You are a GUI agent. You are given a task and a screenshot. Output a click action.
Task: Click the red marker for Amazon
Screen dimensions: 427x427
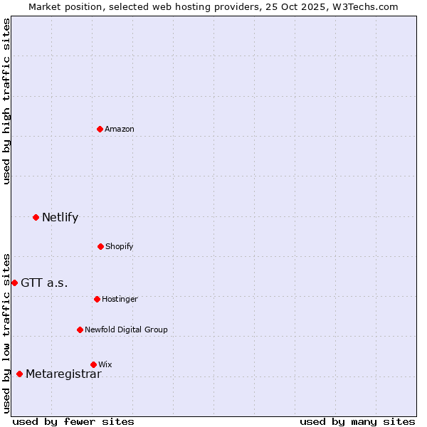click(100, 129)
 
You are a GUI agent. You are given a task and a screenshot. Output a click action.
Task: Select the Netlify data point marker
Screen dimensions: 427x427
click(36, 217)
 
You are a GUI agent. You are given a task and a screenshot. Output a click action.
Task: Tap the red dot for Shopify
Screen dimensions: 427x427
click(100, 246)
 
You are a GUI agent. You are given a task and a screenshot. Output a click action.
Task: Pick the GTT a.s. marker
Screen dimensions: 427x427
click(14, 283)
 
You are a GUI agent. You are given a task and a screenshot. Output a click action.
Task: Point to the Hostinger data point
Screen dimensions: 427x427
click(97, 299)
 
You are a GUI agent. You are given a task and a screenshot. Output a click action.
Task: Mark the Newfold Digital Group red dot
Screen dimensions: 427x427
click(80, 330)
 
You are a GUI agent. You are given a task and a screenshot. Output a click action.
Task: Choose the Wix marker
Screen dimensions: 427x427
click(93, 364)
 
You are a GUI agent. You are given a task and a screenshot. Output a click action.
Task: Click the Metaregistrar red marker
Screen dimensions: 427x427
click(19, 374)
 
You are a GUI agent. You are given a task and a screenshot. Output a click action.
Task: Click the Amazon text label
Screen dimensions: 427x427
click(120, 129)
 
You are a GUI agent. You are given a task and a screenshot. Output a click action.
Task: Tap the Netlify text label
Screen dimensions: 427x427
click(60, 218)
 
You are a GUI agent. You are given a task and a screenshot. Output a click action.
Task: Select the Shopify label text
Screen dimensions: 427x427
click(120, 246)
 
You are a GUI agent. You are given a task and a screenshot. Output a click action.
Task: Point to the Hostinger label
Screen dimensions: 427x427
click(120, 299)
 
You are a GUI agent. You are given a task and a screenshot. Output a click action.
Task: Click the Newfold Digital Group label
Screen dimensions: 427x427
click(126, 330)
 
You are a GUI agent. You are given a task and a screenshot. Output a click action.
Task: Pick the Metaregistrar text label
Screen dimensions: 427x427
click(63, 374)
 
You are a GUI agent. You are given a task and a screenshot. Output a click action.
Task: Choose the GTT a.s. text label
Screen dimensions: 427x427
click(44, 283)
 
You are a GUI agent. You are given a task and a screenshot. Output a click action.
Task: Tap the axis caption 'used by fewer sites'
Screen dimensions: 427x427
click(73, 421)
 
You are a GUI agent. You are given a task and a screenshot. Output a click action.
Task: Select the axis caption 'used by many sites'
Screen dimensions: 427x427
click(357, 421)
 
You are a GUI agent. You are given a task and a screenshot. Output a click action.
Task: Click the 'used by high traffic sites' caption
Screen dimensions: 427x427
click(6, 101)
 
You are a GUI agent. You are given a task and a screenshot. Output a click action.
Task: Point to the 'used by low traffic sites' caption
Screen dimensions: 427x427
click(6, 332)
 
